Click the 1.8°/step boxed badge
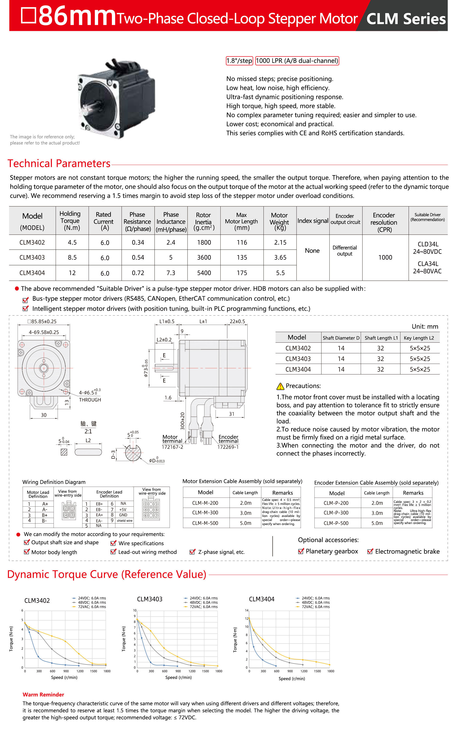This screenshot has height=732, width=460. pos(239,61)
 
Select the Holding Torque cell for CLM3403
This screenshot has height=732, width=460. pos(72,257)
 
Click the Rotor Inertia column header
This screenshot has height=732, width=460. pos(203,221)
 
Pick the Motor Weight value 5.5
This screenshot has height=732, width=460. pos(280,273)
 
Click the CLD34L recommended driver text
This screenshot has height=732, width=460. pos(427,244)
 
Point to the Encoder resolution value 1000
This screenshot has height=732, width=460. pos(385,257)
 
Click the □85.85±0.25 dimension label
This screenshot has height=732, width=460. pos(42,322)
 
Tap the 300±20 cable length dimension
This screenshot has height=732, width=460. pos(182,421)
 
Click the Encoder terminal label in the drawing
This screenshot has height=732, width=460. pos(228,439)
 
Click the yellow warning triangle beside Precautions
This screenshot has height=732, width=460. pos(280,386)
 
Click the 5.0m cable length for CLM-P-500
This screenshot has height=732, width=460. pos(377,523)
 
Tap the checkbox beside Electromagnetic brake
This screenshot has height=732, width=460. pos(370,552)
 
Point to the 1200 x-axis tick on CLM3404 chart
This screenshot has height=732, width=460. pos(304,671)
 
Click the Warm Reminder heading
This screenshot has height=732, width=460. pos(43,695)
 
